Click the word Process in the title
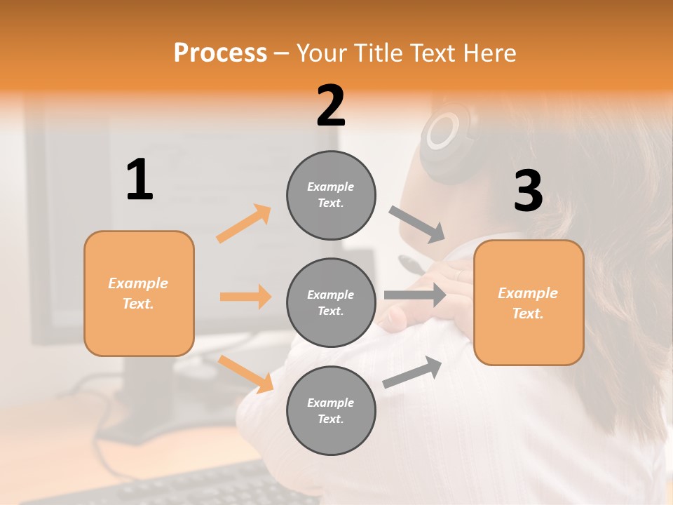(x=220, y=53)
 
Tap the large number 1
(x=140, y=180)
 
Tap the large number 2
(x=331, y=106)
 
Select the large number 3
(x=528, y=191)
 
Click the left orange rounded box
(x=139, y=293)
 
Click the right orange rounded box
(x=529, y=302)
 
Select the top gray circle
(x=331, y=195)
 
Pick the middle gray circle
(x=331, y=302)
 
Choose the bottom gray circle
(x=331, y=410)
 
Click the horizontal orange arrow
(x=245, y=297)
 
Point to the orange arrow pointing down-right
(x=246, y=374)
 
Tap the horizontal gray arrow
(x=415, y=295)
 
